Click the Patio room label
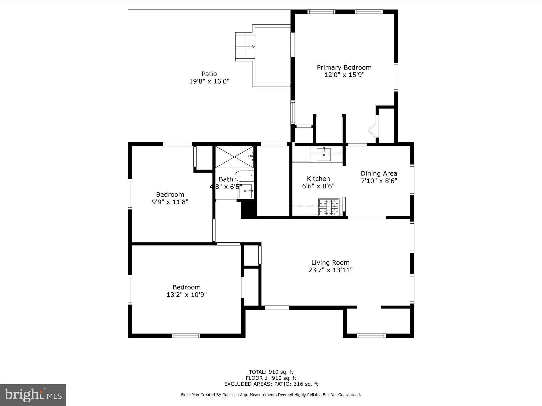(x=209, y=74)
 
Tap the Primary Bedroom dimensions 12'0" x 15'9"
(x=344, y=75)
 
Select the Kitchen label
(x=318, y=179)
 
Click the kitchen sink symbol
(x=324, y=154)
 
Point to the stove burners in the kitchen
(x=329, y=207)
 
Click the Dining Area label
(x=379, y=174)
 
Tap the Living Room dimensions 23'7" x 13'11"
(x=330, y=270)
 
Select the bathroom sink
(x=246, y=191)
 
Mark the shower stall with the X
(x=234, y=157)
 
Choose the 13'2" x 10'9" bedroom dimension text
(x=187, y=295)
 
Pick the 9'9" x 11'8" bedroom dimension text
(x=170, y=202)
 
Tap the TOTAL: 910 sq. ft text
(x=271, y=372)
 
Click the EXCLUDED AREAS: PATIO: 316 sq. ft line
(x=271, y=384)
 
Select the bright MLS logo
(x=33, y=395)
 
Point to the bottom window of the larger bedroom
(x=186, y=336)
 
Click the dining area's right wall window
(x=412, y=180)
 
